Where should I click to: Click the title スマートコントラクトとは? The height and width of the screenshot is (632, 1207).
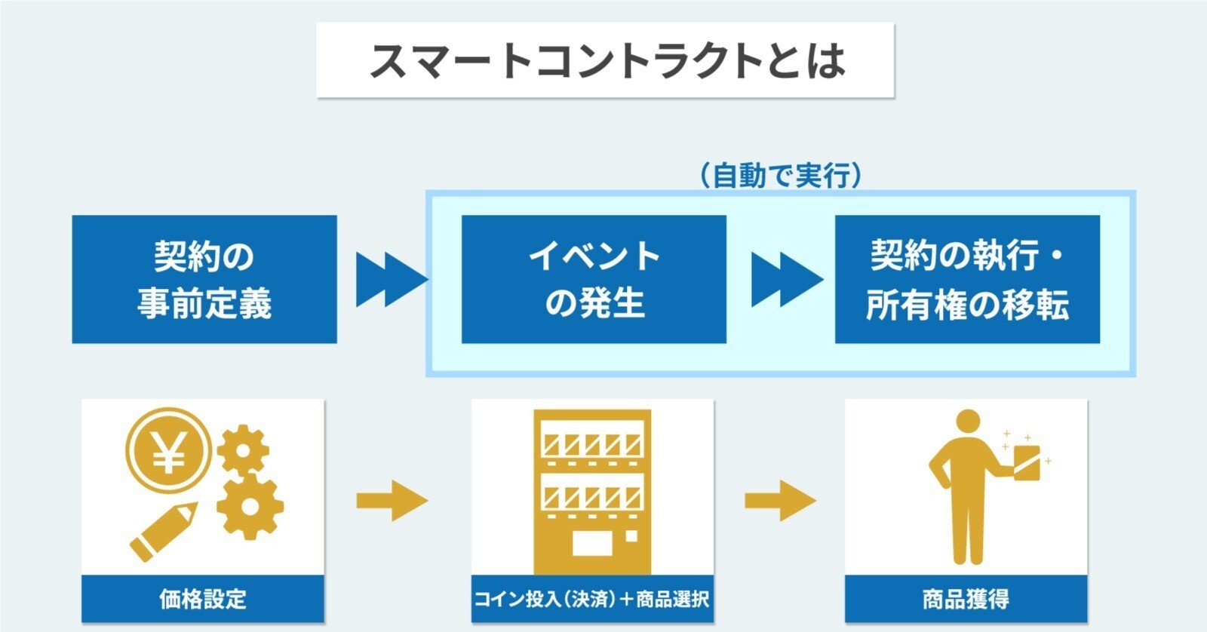click(605, 60)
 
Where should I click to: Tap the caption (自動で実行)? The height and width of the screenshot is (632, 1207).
click(779, 176)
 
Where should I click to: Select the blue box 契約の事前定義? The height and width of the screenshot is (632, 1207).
click(204, 279)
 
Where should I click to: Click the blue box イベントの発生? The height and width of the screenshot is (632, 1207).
click(594, 279)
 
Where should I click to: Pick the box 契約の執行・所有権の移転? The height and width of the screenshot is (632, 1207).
click(967, 279)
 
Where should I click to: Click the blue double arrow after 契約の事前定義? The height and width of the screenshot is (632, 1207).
click(391, 280)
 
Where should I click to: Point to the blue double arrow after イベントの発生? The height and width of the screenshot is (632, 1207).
click(786, 280)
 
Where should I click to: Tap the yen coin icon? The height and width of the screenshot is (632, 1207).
click(169, 451)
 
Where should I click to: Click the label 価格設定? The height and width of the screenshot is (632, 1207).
click(203, 600)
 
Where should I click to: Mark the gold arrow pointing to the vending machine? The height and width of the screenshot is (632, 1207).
click(392, 500)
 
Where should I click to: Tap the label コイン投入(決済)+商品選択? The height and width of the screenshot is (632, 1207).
click(592, 600)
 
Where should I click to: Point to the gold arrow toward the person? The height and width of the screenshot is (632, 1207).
click(779, 500)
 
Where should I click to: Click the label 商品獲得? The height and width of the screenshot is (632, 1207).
click(966, 600)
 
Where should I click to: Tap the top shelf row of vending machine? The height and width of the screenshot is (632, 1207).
click(592, 443)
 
